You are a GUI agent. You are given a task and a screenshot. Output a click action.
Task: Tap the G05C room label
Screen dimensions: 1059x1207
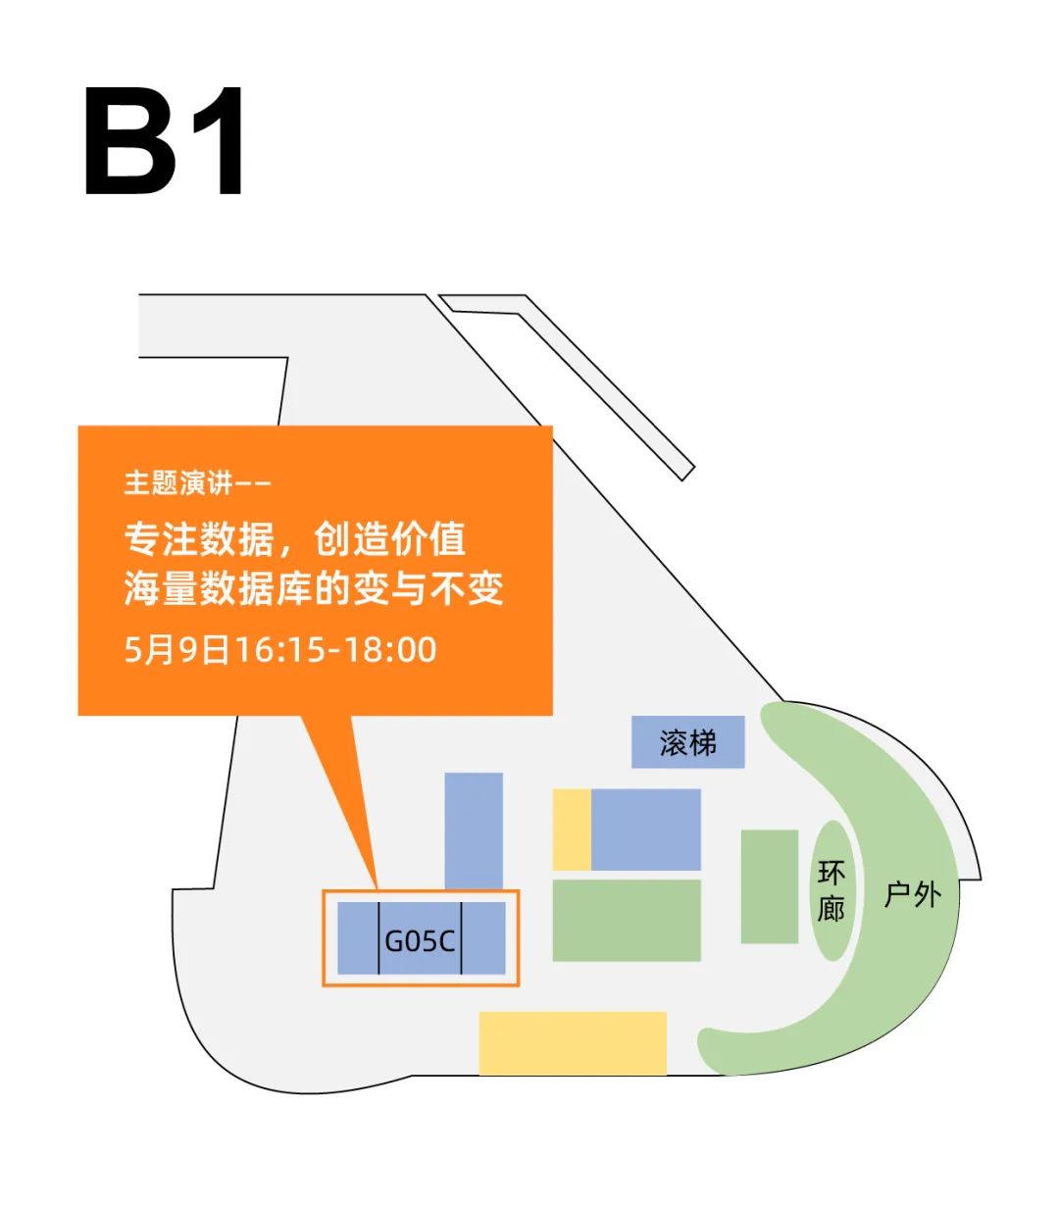pyautogui.click(x=420, y=940)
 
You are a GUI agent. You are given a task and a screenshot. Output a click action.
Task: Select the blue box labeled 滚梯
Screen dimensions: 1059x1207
pyautogui.click(x=687, y=742)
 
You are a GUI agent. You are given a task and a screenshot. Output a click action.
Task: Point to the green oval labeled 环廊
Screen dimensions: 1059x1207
pyautogui.click(x=831, y=890)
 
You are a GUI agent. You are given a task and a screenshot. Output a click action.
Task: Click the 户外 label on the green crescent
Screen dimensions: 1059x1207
pyautogui.click(x=912, y=893)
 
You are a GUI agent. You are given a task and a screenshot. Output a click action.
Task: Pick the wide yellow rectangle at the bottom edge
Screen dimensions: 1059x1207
pyautogui.click(x=573, y=1042)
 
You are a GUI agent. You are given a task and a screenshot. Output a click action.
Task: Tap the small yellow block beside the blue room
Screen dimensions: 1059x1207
pyautogui.click(x=572, y=830)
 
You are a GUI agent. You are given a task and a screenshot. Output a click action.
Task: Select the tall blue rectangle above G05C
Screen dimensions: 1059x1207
pyautogui.click(x=474, y=830)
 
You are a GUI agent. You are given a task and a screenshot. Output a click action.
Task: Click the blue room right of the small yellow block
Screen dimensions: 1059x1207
pyautogui.click(x=645, y=830)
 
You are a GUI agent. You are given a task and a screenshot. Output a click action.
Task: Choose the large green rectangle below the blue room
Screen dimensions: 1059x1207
pyautogui.click(x=627, y=920)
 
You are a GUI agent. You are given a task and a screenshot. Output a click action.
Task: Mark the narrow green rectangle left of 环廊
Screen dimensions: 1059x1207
pyautogui.click(x=769, y=886)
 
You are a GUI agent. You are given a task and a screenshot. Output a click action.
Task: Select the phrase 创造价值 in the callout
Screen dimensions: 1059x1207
pyautogui.click(x=389, y=539)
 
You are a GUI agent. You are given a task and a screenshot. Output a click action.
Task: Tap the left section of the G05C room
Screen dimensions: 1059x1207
pyautogui.click(x=358, y=938)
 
